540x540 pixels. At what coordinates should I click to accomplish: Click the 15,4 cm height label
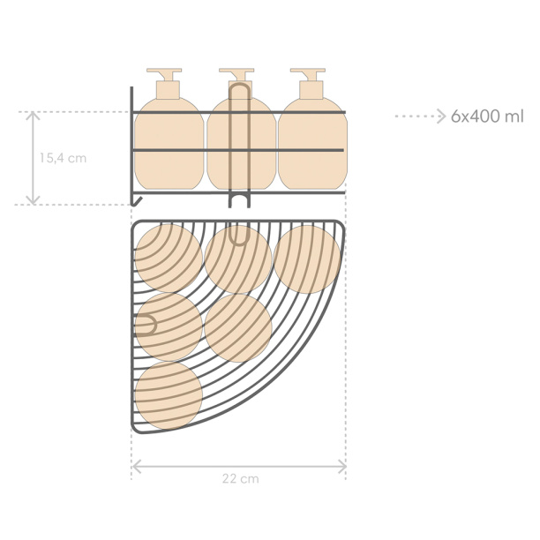[x=63, y=158]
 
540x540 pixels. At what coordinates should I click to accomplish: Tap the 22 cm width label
[x=240, y=479]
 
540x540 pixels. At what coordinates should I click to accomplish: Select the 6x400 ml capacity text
[x=487, y=116]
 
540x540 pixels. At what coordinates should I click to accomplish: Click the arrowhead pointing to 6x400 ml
[x=442, y=116]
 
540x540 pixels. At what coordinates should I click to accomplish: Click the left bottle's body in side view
[x=169, y=144]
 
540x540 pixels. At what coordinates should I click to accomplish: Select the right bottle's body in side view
[x=312, y=144]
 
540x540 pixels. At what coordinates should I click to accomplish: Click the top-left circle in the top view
[x=169, y=259]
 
